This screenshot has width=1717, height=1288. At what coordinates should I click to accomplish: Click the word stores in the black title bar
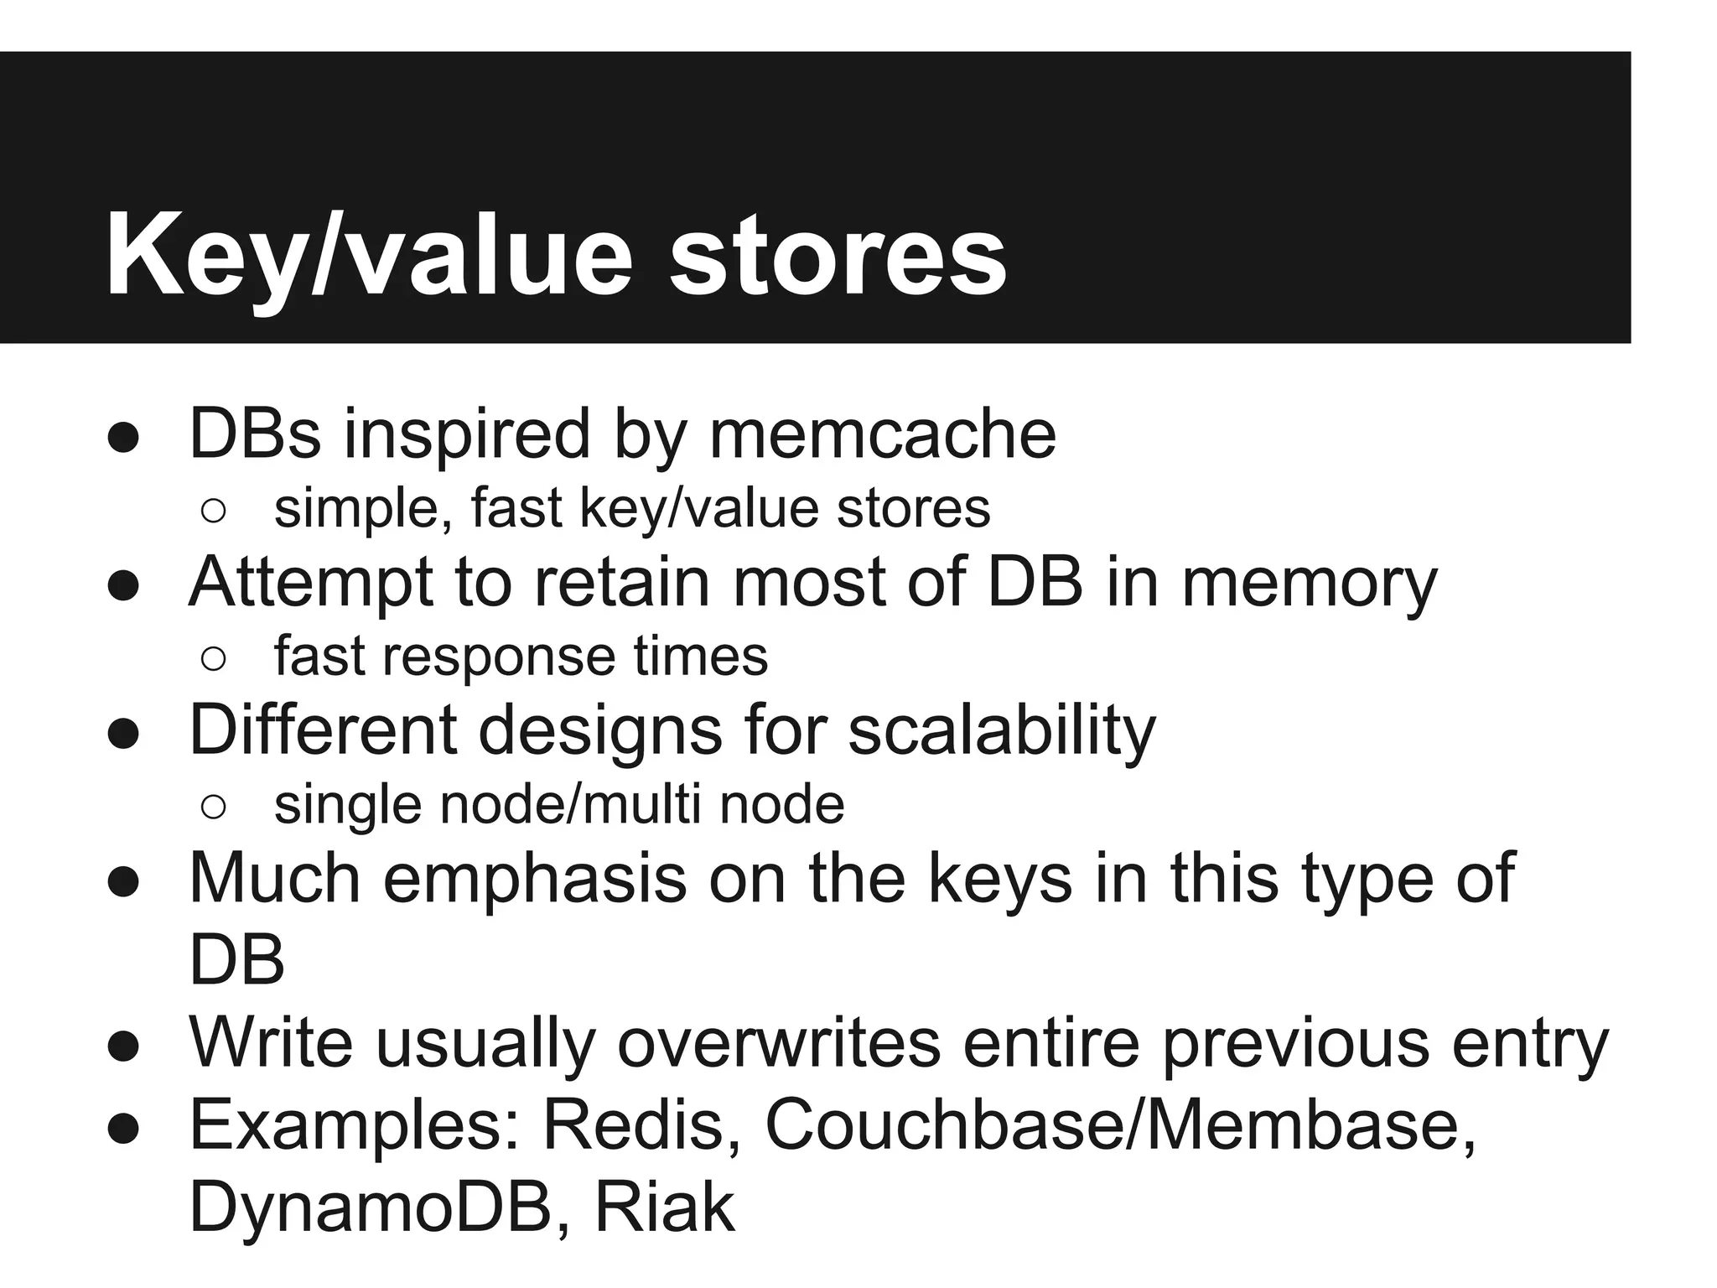click(838, 255)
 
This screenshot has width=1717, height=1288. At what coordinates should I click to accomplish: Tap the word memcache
click(882, 434)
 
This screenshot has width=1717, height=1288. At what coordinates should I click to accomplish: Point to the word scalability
click(1002, 730)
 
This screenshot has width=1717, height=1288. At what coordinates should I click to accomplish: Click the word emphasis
click(535, 878)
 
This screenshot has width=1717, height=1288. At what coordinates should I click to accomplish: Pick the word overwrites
click(779, 1042)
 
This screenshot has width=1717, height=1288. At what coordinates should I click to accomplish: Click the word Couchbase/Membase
click(1120, 1124)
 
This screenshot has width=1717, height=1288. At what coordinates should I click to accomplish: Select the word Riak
click(664, 1207)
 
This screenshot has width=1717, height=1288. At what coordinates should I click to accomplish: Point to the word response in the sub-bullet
click(500, 657)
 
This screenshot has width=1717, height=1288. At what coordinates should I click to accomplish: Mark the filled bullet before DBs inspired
click(122, 439)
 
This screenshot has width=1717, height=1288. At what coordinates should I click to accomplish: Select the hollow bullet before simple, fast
click(213, 512)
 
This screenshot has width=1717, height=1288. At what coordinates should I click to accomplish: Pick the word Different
click(323, 730)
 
